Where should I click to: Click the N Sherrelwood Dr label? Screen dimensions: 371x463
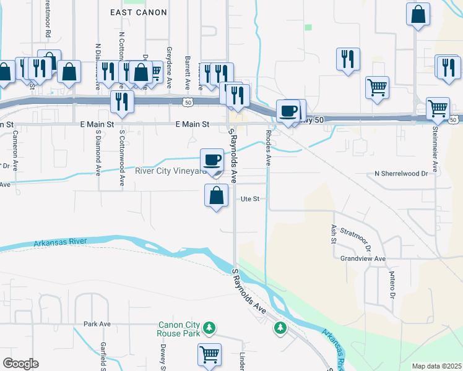(401, 174)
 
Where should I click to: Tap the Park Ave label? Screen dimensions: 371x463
(97, 323)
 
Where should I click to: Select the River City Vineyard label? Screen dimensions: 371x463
(170, 171)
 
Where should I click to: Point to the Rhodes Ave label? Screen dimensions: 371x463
(269, 148)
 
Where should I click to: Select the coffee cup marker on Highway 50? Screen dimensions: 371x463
(288, 111)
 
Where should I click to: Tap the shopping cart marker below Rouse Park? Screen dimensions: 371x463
(209, 355)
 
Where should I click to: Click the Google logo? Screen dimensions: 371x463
(20, 364)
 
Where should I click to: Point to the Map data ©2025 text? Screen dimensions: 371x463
(436, 366)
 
